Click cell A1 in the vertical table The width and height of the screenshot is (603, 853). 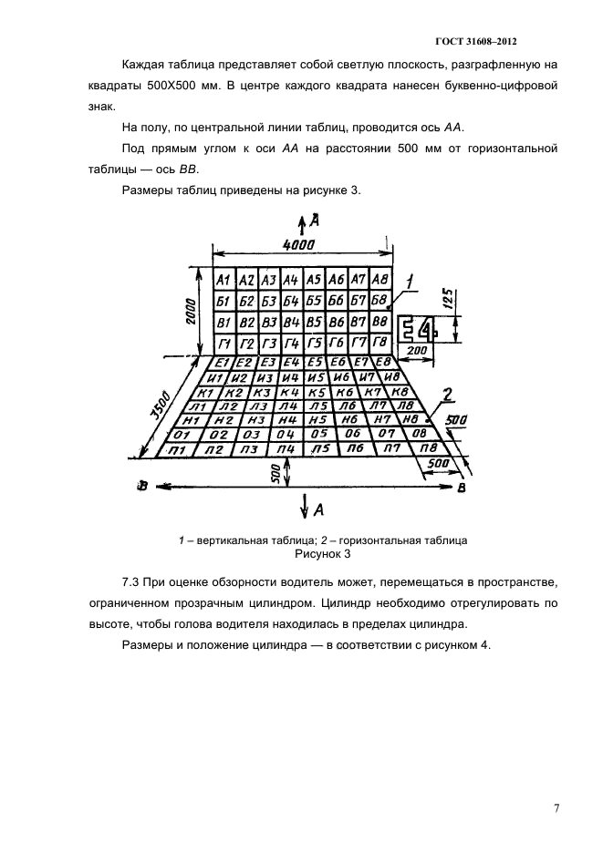coord(222,280)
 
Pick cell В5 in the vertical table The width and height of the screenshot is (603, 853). coord(314,322)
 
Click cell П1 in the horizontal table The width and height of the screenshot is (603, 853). coord(178,450)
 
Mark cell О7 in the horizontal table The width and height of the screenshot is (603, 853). coord(387,434)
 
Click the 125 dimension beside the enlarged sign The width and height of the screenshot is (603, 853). coord(448,299)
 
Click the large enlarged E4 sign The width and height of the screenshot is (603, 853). coord(420,329)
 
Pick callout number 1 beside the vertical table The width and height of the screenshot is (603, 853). coord(411,283)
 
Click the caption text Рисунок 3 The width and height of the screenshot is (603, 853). coord(323,552)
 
